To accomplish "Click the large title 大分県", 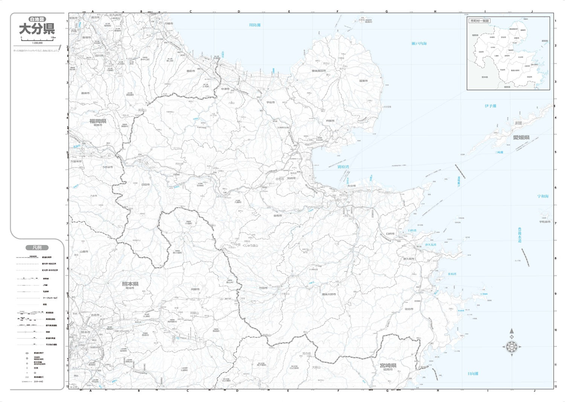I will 37,29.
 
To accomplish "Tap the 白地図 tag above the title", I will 37,19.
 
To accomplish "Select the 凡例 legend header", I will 37,248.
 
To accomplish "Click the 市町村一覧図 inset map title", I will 479,21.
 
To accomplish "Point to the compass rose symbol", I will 512,346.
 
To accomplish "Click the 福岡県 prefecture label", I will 98,121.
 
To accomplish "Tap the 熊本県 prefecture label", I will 130,284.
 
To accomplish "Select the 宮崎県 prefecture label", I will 388,365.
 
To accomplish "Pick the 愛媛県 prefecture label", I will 521,137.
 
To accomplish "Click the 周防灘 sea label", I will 255,25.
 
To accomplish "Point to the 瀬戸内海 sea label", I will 419,44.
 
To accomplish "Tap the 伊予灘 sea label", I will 490,106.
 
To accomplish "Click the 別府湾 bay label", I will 343,167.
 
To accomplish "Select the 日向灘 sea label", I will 473,374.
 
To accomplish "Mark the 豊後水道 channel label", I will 520,235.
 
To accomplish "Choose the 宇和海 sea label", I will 543,196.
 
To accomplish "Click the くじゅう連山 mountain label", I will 250,245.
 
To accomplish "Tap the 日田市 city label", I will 145,185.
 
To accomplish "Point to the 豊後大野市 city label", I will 329,294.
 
